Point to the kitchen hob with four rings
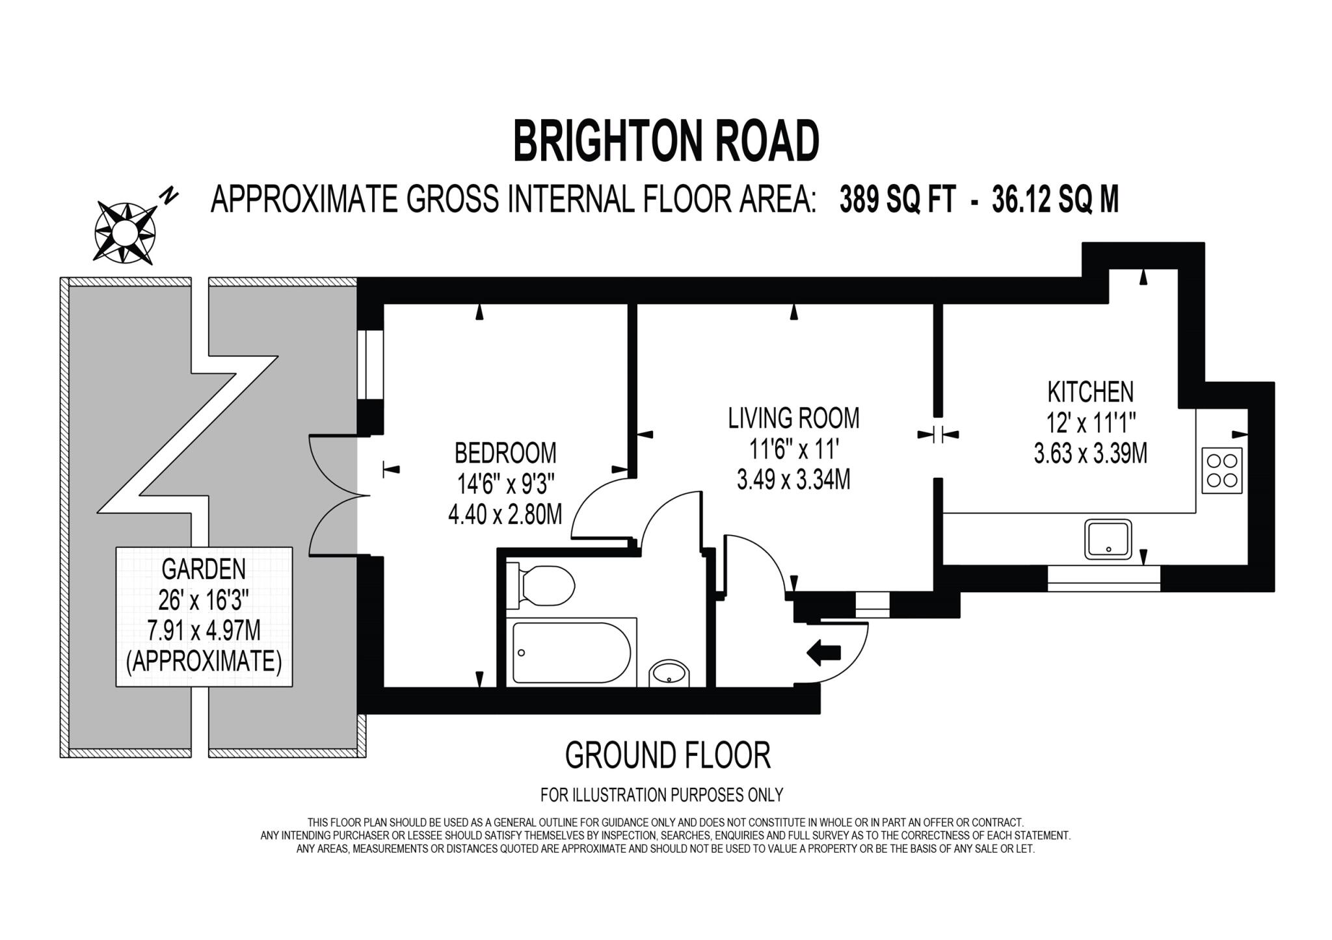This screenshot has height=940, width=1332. tap(1221, 471)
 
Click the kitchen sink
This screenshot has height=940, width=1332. tap(1108, 539)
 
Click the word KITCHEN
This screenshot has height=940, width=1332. tap(1090, 392)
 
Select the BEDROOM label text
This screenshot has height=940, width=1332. tap(505, 452)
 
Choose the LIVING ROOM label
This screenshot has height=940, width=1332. tap(793, 418)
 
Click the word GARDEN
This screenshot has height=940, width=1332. tap(204, 569)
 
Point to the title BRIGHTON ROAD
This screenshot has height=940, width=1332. tap(666, 141)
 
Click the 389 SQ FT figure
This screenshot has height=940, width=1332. tap(898, 200)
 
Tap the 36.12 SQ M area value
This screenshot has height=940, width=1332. tap(1055, 200)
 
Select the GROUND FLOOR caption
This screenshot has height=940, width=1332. tap(668, 755)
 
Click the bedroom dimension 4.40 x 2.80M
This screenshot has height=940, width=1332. tap(505, 516)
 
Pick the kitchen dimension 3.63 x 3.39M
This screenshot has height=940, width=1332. tap(1090, 454)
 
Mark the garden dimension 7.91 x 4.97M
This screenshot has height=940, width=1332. tap(204, 631)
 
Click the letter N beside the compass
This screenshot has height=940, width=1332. tap(170, 195)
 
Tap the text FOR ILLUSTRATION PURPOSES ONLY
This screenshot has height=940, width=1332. tap(661, 794)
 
